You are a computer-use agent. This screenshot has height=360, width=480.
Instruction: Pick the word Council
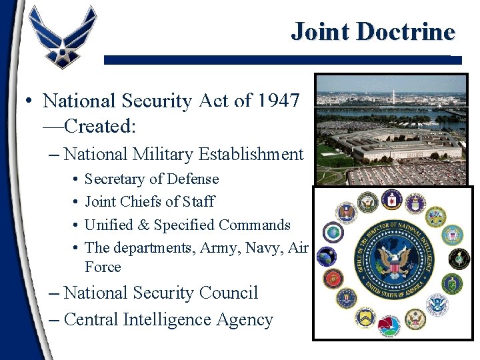coord(225,293)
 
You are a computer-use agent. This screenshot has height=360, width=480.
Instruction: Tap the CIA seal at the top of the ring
coord(392,201)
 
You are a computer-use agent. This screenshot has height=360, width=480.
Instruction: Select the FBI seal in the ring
coord(346,298)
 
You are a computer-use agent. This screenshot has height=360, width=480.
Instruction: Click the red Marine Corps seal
coord(331,277)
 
